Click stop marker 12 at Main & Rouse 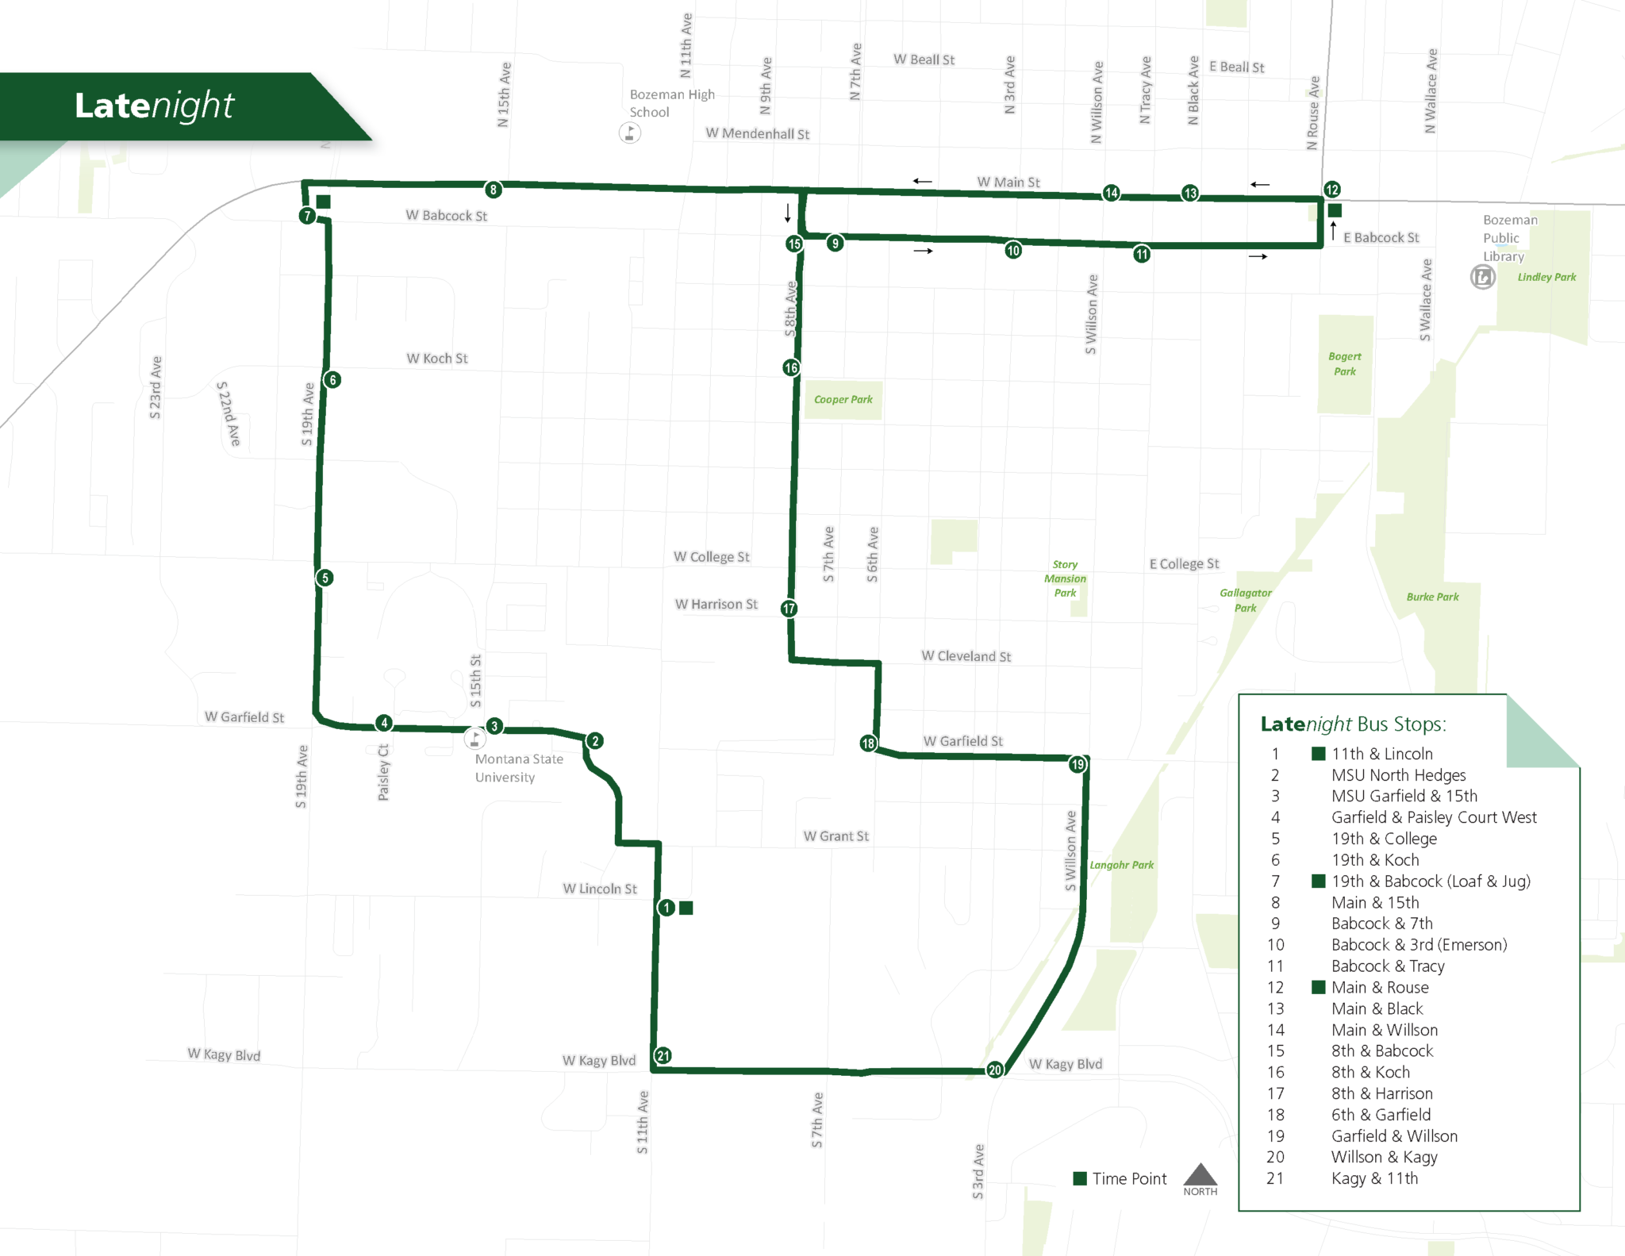tap(1331, 190)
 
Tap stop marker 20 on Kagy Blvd tap(995, 1070)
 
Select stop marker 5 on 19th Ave tap(325, 578)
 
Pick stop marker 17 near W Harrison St tap(789, 609)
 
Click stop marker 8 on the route tap(494, 190)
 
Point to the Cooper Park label tap(843, 399)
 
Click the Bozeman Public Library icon tap(1482, 277)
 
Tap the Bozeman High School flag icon tap(630, 133)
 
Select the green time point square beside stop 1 tap(686, 908)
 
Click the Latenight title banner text tap(155, 106)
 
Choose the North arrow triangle tap(1200, 1175)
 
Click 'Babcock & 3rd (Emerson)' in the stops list tap(1419, 944)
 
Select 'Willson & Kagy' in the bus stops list tap(1384, 1157)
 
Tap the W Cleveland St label tap(966, 656)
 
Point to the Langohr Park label tap(1121, 865)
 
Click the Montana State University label tap(519, 767)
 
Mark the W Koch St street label tap(437, 359)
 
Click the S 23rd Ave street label tap(156, 387)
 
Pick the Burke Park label tap(1432, 597)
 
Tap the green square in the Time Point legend tap(1080, 1178)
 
